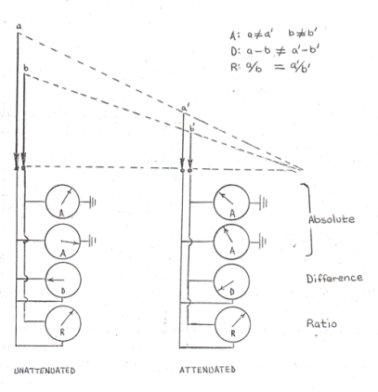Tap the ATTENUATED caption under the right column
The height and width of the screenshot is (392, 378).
[x=205, y=370]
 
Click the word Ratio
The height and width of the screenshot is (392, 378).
[x=320, y=324]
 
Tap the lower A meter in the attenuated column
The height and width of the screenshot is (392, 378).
[x=234, y=242]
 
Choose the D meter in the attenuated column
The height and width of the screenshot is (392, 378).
[x=234, y=283]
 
